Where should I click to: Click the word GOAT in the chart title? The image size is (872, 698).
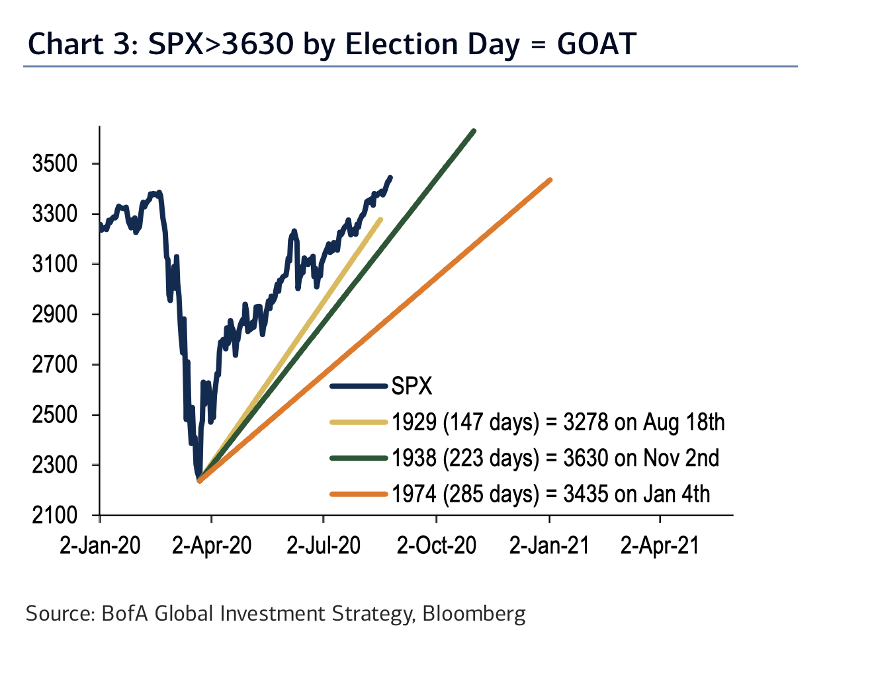coord(596,44)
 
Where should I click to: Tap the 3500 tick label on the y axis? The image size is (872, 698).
coord(54,164)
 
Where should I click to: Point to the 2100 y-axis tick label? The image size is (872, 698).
coord(54,515)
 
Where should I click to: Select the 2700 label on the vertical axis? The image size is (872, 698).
coord(54,364)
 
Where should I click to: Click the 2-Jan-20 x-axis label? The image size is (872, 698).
coord(100,545)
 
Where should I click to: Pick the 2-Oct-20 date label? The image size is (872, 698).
coord(437,545)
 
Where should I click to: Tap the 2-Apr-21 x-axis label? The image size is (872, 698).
coord(660,545)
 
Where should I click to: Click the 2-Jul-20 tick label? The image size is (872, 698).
coord(324,545)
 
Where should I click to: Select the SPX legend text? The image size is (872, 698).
coord(412,386)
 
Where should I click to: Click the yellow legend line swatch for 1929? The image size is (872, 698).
coord(358,422)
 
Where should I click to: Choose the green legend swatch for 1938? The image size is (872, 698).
coord(358,457)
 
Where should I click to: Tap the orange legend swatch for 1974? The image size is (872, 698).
coord(358,494)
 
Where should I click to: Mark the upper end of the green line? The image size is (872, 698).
coord(474,131)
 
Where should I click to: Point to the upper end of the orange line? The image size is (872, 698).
coord(550,180)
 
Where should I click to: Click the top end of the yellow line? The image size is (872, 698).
coord(380,219)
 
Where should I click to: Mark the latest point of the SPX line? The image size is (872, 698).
coord(390,177)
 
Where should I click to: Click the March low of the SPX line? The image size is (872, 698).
coord(198,480)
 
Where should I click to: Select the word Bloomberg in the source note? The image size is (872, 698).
coord(474,613)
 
